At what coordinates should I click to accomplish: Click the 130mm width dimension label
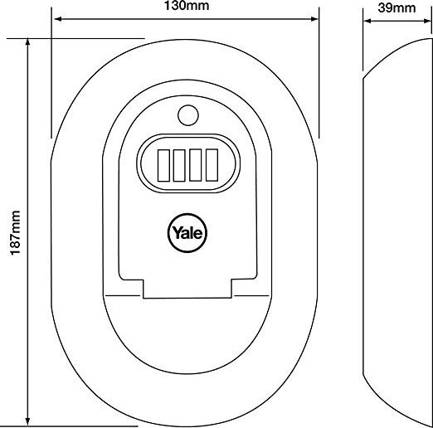click(187, 6)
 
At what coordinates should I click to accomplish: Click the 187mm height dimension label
click(15, 233)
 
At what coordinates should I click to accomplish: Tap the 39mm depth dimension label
click(397, 7)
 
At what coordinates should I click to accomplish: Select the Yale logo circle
click(187, 233)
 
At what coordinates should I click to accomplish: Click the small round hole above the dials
click(188, 115)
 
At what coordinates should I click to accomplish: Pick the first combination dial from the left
click(163, 165)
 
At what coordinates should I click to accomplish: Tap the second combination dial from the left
click(179, 165)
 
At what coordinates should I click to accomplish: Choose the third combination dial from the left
click(195, 165)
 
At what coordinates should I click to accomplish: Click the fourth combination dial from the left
click(212, 165)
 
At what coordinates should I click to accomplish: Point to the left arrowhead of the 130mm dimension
click(58, 19)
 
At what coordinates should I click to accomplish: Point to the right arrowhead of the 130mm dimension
click(314, 19)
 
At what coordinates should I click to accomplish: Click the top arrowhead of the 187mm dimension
click(27, 42)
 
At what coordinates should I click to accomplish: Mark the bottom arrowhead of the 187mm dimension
click(27, 421)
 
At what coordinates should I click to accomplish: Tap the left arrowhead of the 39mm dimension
click(367, 21)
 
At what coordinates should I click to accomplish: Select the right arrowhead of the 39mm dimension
click(428, 21)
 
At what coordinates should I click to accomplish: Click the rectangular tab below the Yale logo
click(187, 289)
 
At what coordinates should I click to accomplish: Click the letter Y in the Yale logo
click(177, 232)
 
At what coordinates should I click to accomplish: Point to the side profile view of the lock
click(397, 232)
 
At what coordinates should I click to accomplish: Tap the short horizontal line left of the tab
click(122, 295)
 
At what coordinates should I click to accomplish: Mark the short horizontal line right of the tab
click(251, 295)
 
